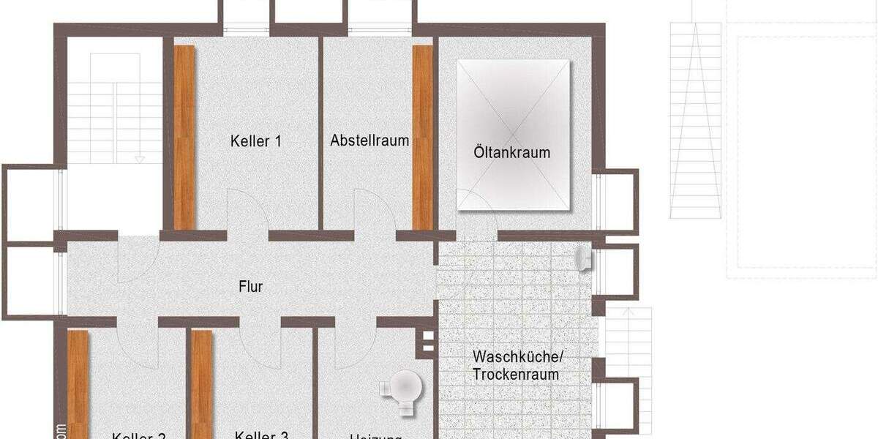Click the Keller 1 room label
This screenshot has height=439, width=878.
tap(255, 141)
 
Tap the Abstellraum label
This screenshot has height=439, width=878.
tap(369, 140)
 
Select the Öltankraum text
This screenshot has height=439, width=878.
tap(511, 153)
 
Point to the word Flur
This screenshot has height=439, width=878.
tap(251, 287)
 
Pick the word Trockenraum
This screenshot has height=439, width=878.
tap(515, 375)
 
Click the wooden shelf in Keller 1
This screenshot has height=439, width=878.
tap(184, 137)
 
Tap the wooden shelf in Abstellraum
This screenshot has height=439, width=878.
tap(423, 137)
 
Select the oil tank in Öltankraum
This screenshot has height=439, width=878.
tap(513, 135)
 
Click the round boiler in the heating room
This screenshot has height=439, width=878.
tap(403, 385)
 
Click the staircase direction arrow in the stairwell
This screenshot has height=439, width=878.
tap(140, 159)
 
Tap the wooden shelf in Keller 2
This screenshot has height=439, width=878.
tap(78, 384)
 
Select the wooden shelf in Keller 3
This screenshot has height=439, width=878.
tap(201, 384)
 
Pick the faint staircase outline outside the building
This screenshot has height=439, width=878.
tap(696, 121)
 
